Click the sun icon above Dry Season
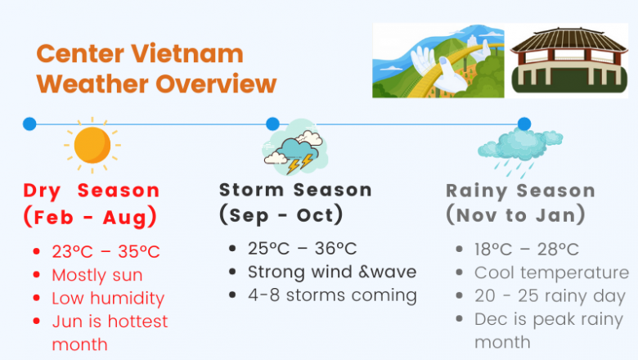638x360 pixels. point(92,145)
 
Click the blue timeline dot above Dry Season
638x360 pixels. point(29,124)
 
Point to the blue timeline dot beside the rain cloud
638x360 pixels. point(524,124)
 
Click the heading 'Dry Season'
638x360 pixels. point(92,191)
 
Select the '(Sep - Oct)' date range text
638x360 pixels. point(281,215)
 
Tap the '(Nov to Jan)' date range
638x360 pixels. point(515,215)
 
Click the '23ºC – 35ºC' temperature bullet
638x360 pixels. point(106,252)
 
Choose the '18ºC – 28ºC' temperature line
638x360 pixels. point(527,250)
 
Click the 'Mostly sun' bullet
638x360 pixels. point(97,275)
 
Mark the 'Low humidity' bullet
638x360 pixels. point(108,298)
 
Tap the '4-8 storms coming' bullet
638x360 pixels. point(332,295)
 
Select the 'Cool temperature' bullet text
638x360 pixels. point(551,272)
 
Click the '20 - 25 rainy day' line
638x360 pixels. point(550,295)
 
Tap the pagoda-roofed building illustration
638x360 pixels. point(569,60)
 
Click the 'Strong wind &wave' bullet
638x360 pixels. point(332,272)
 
